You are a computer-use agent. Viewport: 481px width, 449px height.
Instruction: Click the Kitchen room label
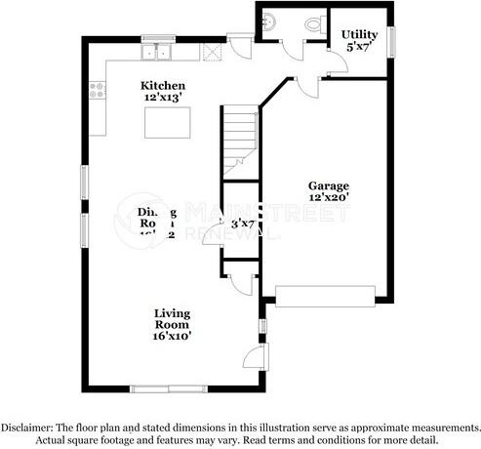pos(162,86)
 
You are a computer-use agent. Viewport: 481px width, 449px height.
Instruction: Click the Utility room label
pos(359,35)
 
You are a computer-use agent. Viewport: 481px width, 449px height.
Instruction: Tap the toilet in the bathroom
pos(313,24)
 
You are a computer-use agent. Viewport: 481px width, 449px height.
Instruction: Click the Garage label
pos(329,185)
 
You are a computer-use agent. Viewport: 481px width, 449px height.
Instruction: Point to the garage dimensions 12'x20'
pos(329,197)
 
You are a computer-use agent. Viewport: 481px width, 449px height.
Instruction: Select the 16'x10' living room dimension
pos(171,335)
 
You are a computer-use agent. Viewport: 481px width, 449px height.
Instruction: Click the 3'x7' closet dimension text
pos(242,224)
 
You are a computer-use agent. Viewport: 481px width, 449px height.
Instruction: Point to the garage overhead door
pos(325,296)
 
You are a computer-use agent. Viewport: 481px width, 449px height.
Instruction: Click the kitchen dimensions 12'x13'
pos(162,99)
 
